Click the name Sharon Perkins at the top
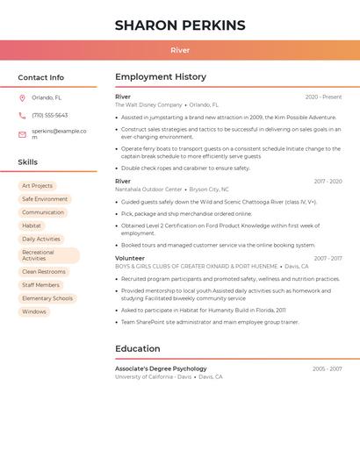[180, 25]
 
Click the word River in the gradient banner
[180, 51]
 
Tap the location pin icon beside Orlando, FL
[22, 98]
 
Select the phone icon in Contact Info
[22, 116]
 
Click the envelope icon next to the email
[22, 134]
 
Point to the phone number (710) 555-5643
[50, 116]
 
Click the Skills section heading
[28, 162]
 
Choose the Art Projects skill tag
[38, 186]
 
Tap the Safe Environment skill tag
[45, 199]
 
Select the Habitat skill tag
[32, 225]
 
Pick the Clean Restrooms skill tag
[44, 272]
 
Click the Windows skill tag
[34, 311]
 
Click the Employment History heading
[161, 77]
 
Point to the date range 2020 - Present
[323, 97]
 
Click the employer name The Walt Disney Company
[148, 105]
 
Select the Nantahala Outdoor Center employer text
[148, 190]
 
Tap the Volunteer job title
[130, 259]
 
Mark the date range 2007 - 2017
[328, 259]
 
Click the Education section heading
[138, 349]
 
